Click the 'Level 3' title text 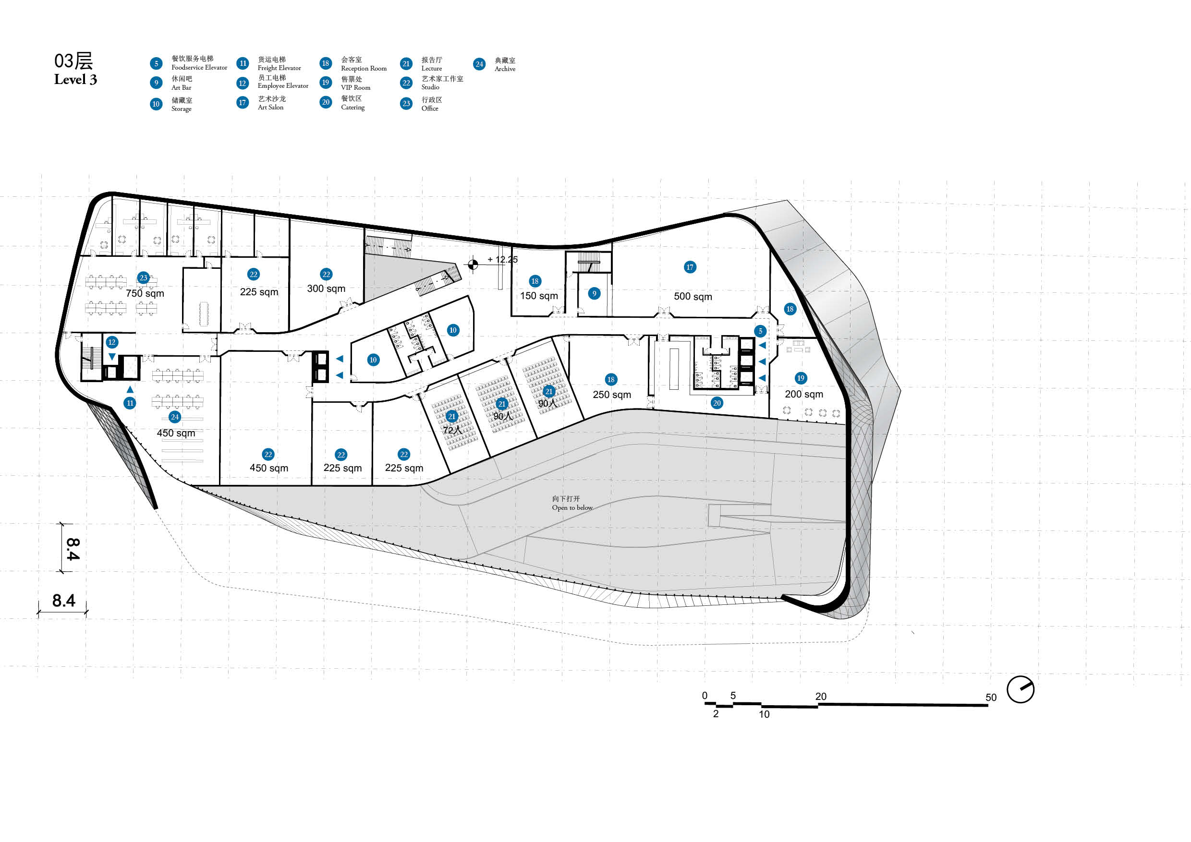coord(75,79)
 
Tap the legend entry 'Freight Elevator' coord(279,68)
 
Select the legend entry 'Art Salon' coord(271,108)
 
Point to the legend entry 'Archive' coord(505,69)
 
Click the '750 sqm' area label coord(145,293)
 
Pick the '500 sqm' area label coord(693,297)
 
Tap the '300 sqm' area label coord(326,289)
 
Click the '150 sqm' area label coord(539,296)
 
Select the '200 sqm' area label coord(803,395)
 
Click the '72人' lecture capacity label coord(452,430)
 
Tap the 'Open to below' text coord(572,507)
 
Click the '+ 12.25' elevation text coord(502,260)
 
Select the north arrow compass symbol coord(1021,689)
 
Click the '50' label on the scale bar coord(991,698)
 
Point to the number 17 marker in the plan coord(690,267)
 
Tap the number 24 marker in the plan coord(175,417)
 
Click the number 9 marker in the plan coord(595,293)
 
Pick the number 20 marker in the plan coord(717,403)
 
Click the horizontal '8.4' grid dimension coord(64,601)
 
